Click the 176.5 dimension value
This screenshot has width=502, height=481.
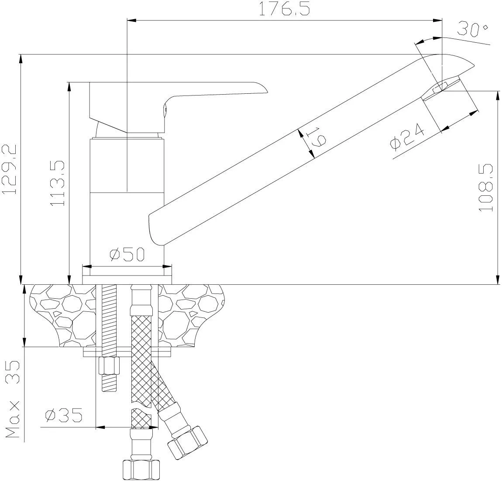pyautogui.click(x=284, y=9)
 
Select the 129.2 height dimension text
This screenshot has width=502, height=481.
pyautogui.click(x=9, y=169)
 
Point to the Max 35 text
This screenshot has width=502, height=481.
pyautogui.click(x=13, y=399)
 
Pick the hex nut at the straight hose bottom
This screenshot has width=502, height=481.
pyautogui.click(x=141, y=470)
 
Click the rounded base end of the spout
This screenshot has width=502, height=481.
pyautogui.click(x=156, y=227)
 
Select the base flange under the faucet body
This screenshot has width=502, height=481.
pyautogui.click(x=127, y=275)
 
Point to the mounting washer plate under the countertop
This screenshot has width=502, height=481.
pyautogui.click(x=127, y=352)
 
